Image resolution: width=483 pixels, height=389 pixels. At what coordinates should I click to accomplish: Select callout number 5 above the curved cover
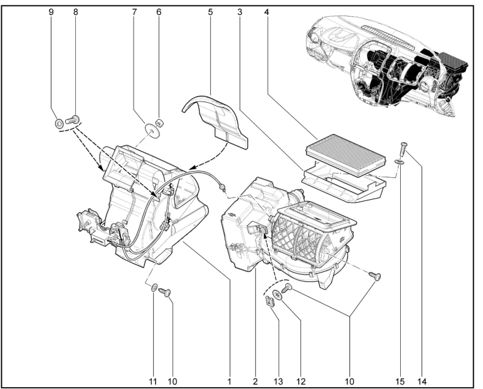[x=210, y=12]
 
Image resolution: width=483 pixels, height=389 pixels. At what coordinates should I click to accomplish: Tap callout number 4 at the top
[x=267, y=12]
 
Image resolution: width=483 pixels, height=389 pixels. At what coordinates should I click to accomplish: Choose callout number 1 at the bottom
[x=230, y=380]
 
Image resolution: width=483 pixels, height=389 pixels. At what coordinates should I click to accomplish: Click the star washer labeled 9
[x=58, y=122]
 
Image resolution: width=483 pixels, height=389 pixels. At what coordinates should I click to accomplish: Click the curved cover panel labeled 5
[x=216, y=119]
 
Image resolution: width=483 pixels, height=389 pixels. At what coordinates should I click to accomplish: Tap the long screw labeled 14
[x=402, y=150]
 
